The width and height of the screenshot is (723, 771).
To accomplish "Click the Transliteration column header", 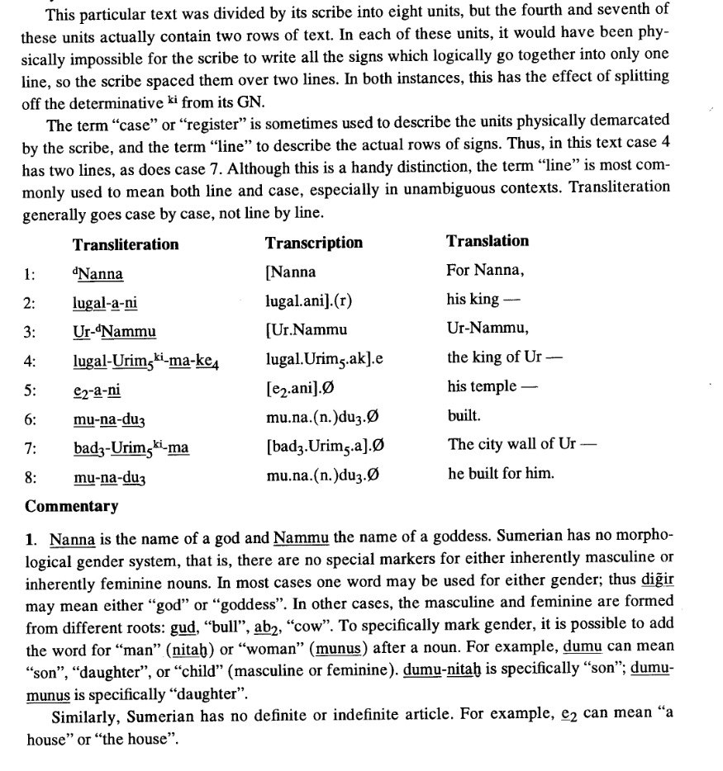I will [x=125, y=244].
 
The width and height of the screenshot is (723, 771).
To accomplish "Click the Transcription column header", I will [x=313, y=243].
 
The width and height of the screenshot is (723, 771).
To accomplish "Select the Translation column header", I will [x=488, y=241].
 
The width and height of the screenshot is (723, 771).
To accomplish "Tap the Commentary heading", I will [x=72, y=506].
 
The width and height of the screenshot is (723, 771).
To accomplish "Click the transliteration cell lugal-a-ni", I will [x=104, y=303].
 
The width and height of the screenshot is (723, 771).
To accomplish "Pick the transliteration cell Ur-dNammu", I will [x=114, y=332].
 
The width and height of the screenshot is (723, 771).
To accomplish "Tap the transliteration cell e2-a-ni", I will [x=97, y=390].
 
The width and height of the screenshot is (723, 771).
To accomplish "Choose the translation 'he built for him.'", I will [x=501, y=473].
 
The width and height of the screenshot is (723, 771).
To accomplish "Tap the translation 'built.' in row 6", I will [x=464, y=416].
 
